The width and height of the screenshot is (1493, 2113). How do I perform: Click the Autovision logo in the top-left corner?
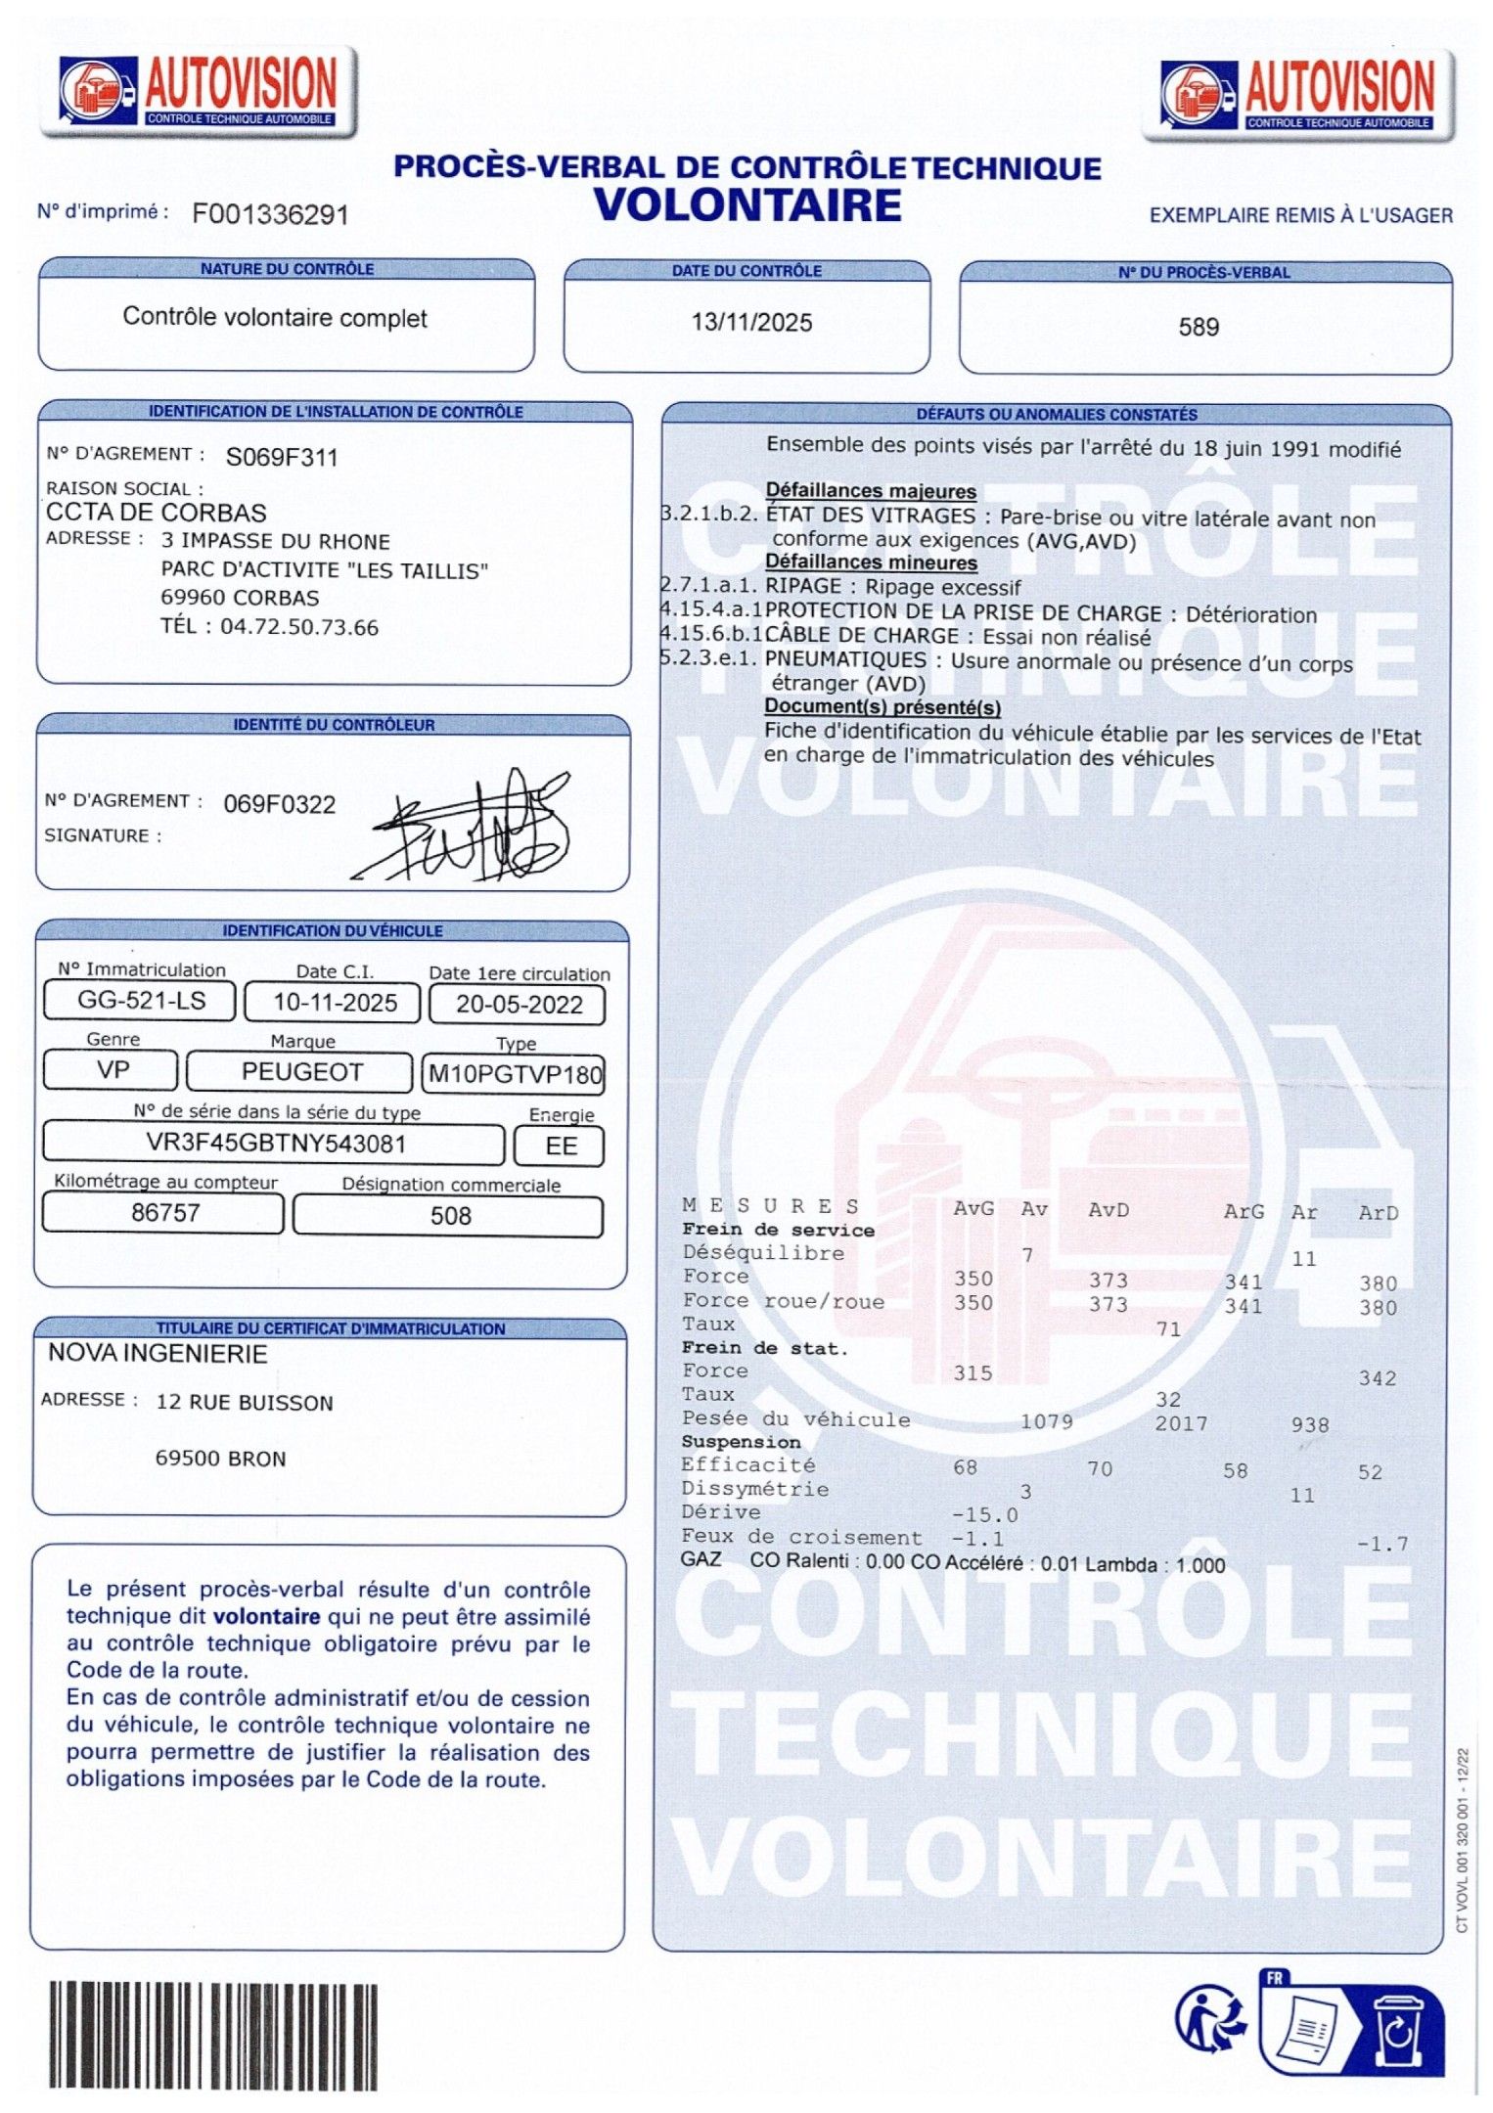click(200, 90)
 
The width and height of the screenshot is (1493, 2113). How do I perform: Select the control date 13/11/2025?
click(751, 322)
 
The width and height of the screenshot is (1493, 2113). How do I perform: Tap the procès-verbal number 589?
click(1199, 327)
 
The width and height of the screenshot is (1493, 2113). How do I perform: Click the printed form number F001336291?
click(270, 214)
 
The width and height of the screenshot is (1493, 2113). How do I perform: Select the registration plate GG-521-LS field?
click(141, 1000)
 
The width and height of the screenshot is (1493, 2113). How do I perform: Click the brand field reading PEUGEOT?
click(301, 1072)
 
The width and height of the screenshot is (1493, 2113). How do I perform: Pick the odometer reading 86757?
click(165, 1213)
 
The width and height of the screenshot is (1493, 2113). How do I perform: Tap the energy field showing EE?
click(561, 1146)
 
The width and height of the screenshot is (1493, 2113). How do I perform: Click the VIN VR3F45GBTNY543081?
click(276, 1143)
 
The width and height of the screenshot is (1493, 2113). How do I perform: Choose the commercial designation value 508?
click(450, 1216)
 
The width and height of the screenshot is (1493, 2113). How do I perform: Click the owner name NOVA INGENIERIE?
click(158, 1354)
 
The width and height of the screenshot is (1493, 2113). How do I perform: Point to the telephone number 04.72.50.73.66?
click(298, 627)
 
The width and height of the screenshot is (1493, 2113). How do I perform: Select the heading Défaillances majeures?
click(871, 491)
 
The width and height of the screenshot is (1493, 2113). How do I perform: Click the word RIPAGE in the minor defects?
click(802, 586)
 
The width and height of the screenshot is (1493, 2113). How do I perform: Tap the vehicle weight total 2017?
click(1181, 1423)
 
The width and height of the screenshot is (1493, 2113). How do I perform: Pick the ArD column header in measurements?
click(1378, 1213)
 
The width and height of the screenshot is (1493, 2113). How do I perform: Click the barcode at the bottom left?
click(213, 2035)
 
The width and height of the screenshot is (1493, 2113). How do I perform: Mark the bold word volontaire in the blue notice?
click(267, 1616)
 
